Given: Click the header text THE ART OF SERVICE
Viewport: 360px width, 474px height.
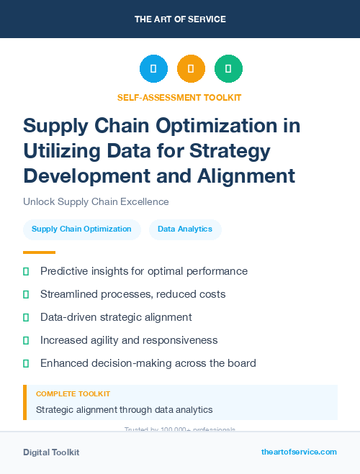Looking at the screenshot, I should click(180, 19).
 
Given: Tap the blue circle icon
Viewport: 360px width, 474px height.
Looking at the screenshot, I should click(153, 69).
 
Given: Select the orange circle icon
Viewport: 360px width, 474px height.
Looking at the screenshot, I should click(191, 69).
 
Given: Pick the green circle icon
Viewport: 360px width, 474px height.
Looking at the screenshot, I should click(228, 69).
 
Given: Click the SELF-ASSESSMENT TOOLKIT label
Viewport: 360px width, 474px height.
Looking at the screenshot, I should click(179, 97).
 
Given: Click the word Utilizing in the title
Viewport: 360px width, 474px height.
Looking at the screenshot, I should click(61, 151).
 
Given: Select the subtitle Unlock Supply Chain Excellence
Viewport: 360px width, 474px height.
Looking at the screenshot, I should click(96, 201).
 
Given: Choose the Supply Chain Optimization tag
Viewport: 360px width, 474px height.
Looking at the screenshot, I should click(81, 229).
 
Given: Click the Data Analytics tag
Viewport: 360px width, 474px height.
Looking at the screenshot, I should click(185, 229).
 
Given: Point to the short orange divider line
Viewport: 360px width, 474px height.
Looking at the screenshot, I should click(39, 252).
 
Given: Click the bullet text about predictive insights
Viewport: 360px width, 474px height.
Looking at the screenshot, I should click(144, 271).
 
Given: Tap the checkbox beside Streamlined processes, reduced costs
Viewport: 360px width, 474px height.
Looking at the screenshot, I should click(26, 294).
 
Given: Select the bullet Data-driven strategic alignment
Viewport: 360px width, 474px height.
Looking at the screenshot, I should click(116, 317).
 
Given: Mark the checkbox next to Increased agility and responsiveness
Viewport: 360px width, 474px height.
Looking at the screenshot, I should click(26, 340).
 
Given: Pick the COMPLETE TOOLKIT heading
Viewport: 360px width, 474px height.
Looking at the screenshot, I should click(73, 394).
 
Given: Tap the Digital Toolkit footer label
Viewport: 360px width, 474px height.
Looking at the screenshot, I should click(51, 452).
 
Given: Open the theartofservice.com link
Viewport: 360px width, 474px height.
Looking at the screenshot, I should click(299, 452).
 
